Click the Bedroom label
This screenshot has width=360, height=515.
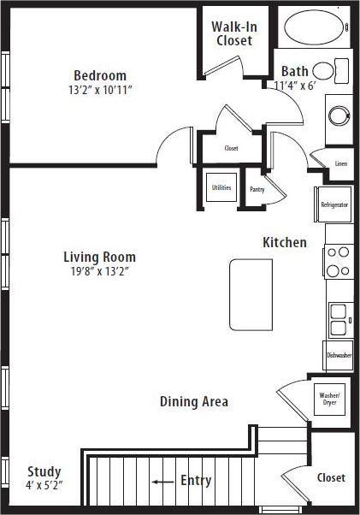point(99,75)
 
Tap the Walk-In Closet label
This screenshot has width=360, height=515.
point(234,33)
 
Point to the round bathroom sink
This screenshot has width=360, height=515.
point(339,115)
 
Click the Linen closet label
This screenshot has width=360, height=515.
point(340,163)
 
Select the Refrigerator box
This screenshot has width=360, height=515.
point(333,205)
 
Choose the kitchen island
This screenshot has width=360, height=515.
point(251,294)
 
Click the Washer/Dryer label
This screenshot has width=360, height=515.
point(329,399)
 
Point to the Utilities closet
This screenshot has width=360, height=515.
point(221,188)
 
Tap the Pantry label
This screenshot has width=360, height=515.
point(257,189)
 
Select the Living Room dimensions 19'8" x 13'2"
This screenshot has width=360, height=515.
point(99,271)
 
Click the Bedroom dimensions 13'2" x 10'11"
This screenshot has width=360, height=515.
point(99,90)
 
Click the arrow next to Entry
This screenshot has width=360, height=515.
point(162,482)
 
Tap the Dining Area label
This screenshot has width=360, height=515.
point(194,401)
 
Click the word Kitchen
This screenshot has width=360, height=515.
point(284,243)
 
